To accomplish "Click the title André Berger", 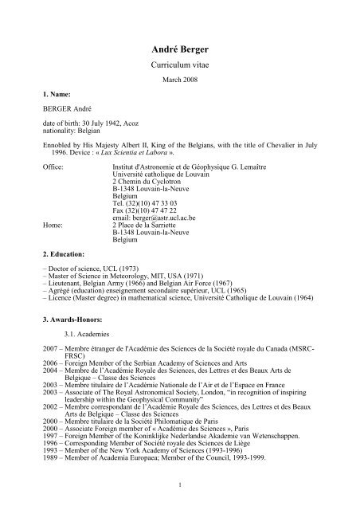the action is tap(179, 49).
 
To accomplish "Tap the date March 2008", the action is tap(179, 81).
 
